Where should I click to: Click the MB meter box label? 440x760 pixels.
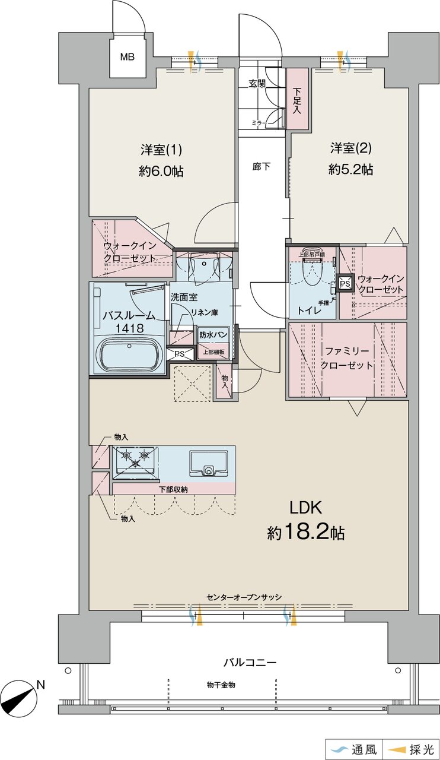point(127,56)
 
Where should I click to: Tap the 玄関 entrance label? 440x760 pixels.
point(257,83)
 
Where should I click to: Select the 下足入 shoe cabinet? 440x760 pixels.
point(298,99)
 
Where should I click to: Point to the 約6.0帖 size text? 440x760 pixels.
point(161,172)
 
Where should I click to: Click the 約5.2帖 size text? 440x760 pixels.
point(351,169)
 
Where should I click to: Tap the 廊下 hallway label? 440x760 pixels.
point(262,167)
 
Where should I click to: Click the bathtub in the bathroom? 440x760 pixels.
point(129,354)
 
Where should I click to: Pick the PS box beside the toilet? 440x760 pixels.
point(345,283)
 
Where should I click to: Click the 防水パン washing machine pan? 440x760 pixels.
point(213,335)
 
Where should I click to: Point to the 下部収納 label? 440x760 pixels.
point(173,489)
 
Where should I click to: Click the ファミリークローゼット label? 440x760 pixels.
point(346,358)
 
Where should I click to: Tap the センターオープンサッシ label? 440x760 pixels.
point(244,607)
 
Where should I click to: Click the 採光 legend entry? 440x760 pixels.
point(411,749)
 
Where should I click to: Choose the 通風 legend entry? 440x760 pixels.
point(353,749)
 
